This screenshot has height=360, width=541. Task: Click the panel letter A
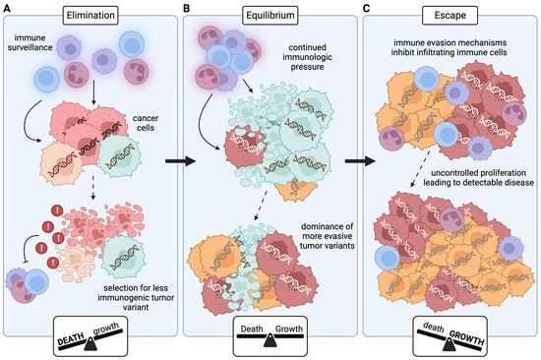(9, 9)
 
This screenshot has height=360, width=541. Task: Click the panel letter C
(367, 9)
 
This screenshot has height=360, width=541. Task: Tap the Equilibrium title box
(269, 17)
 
